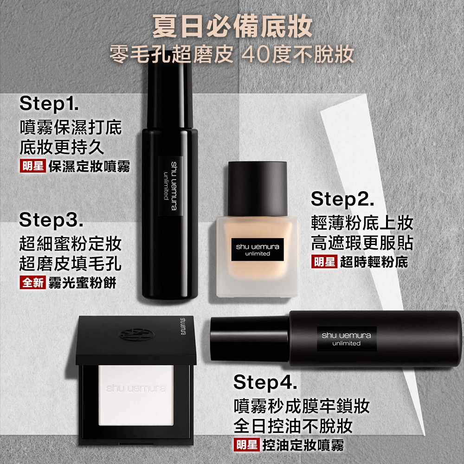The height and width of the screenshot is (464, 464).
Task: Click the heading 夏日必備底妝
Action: click(x=232, y=26)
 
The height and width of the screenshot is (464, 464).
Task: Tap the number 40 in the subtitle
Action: click(x=255, y=54)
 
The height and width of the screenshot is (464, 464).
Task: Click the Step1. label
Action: click(x=49, y=103)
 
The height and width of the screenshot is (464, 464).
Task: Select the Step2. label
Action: click(x=342, y=199)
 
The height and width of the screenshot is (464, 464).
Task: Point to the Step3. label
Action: click(x=51, y=220)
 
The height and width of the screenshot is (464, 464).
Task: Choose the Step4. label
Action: click(x=265, y=382)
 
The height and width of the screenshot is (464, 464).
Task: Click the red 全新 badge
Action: click(x=33, y=282)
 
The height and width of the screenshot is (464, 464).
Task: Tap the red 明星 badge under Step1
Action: click(x=33, y=166)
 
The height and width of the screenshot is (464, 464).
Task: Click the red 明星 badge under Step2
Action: click(x=324, y=262)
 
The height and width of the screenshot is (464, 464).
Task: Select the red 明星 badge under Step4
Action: click(x=246, y=445)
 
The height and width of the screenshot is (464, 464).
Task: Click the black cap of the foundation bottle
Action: click(x=258, y=188)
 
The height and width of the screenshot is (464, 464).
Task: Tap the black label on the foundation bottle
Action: click(x=258, y=250)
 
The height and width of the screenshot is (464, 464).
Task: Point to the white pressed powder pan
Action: click(x=136, y=395)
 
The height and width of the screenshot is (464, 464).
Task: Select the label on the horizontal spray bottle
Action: click(x=347, y=339)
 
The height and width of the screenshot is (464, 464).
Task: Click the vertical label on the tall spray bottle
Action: click(x=170, y=186)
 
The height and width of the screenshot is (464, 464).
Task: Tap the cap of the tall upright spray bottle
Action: click(x=170, y=90)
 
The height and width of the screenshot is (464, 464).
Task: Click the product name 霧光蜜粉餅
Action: click(x=82, y=283)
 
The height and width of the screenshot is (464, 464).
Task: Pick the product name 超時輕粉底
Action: click(x=374, y=262)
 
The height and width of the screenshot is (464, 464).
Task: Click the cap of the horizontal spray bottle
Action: click(x=249, y=339)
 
